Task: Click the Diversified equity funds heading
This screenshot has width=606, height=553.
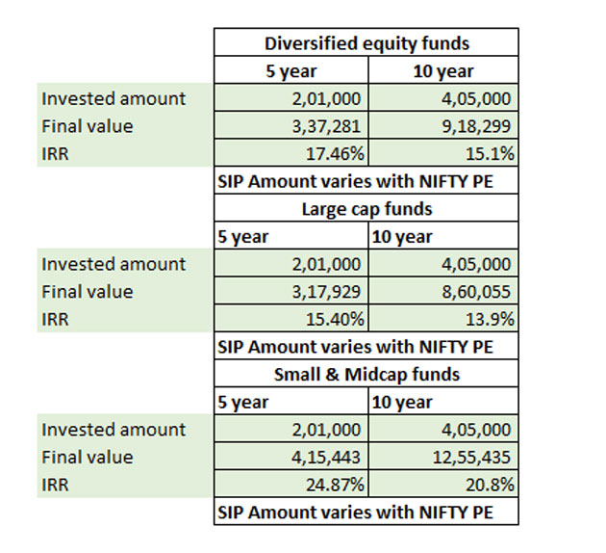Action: (x=366, y=42)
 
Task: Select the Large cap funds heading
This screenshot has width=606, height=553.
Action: (x=367, y=208)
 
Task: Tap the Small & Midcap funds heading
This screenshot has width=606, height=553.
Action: (x=367, y=374)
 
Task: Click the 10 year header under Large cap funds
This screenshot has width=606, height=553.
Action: (x=402, y=236)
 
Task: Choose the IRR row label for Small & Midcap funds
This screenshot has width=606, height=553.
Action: (x=55, y=484)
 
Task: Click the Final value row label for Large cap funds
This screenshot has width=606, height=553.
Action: (x=87, y=291)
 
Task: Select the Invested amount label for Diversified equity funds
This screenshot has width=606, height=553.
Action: (x=113, y=98)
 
